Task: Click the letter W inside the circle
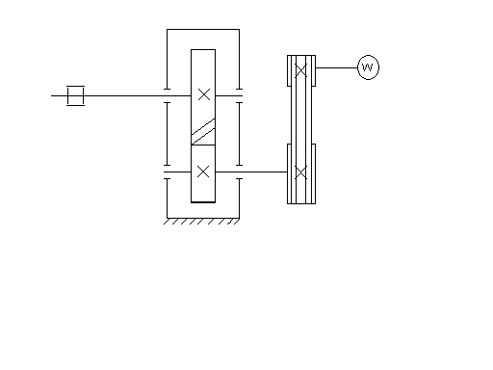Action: tap(368, 67)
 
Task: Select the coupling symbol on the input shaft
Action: tap(76, 95)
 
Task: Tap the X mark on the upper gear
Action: tap(204, 94)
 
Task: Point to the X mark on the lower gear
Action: tap(203, 172)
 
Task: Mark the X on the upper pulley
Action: tap(300, 70)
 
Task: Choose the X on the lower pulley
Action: tap(300, 172)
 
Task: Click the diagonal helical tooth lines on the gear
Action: tap(203, 132)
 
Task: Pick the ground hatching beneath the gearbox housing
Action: tap(201, 222)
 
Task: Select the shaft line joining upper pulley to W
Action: tap(337, 67)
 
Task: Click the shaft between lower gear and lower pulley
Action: tap(251, 172)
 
